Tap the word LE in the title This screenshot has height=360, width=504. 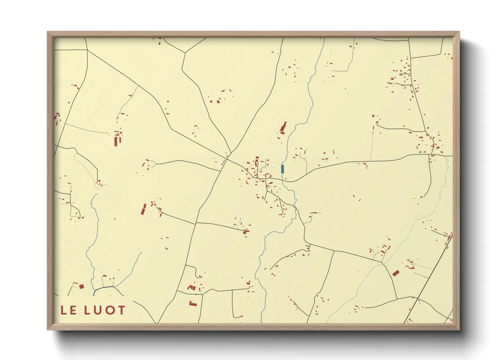click(68, 310)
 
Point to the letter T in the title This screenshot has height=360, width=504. click(121, 310)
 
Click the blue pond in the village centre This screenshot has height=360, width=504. click(282, 169)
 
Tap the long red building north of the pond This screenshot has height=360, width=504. click(283, 128)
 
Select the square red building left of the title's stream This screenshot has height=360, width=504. click(81, 287)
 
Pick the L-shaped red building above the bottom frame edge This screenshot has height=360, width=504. click(193, 303)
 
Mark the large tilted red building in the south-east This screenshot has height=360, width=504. click(395, 273)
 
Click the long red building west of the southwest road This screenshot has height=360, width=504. click(143, 209)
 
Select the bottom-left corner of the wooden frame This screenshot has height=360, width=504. click(48, 329)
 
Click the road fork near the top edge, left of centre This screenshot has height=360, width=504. click(185, 53)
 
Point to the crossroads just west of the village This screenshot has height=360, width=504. click(227, 158)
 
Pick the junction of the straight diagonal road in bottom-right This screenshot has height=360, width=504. click(418, 298)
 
